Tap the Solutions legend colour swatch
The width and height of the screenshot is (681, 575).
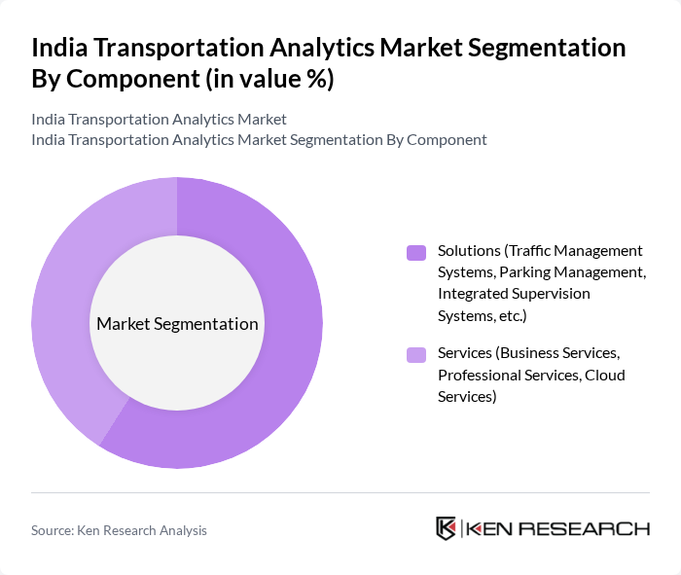(415, 253)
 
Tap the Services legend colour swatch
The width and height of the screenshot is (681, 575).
(415, 355)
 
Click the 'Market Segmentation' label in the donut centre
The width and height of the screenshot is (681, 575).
(177, 324)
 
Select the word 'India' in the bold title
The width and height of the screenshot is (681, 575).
(60, 49)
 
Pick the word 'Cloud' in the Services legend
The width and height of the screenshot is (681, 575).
(604, 375)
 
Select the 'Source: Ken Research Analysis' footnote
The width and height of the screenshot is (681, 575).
(119, 530)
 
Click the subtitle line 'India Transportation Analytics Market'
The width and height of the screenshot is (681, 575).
(159, 120)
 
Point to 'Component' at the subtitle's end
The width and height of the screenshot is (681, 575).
(447, 139)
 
